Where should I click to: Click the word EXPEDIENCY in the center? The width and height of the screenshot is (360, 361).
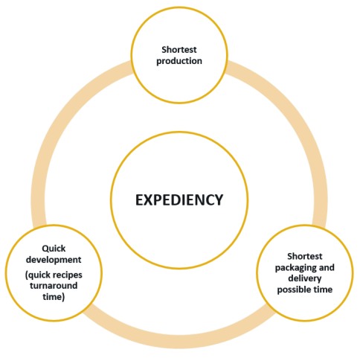point(179,200)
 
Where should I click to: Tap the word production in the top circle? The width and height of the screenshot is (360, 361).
point(179,61)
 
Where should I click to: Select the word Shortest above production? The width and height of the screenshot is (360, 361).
point(179,50)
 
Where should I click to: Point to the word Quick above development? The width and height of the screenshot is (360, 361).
point(54,249)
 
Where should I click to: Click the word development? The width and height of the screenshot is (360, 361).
point(54,260)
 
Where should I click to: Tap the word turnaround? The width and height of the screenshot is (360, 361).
point(54,286)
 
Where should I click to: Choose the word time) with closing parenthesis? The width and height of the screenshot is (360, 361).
point(54,297)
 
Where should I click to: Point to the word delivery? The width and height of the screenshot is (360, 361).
point(305,278)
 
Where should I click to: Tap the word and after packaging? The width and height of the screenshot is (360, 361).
point(325,267)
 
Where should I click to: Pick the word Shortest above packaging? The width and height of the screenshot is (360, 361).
point(305,256)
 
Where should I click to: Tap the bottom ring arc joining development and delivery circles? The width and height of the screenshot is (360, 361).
point(179,341)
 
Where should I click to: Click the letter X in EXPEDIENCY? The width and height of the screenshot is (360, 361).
point(147,200)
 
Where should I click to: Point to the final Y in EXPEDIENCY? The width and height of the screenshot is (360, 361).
point(218,200)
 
